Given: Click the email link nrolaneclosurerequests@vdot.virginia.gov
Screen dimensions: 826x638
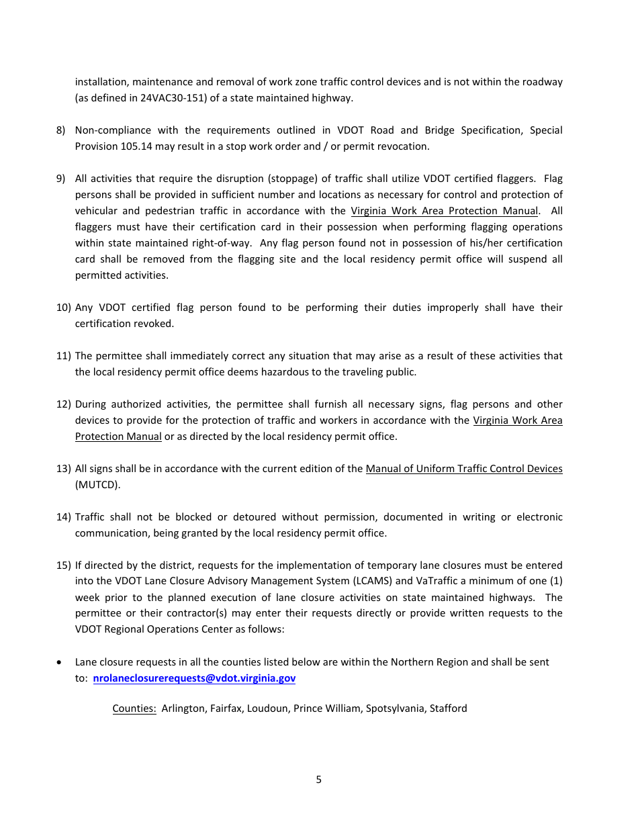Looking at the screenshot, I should coord(194,678).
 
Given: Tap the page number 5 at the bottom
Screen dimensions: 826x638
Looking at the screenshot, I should coord(318,780).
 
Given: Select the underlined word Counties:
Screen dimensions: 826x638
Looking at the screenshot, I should coord(134,708).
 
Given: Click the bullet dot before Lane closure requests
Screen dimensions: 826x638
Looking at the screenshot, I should coord(60,662).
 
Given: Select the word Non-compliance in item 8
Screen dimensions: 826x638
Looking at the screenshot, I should coord(111,130).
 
